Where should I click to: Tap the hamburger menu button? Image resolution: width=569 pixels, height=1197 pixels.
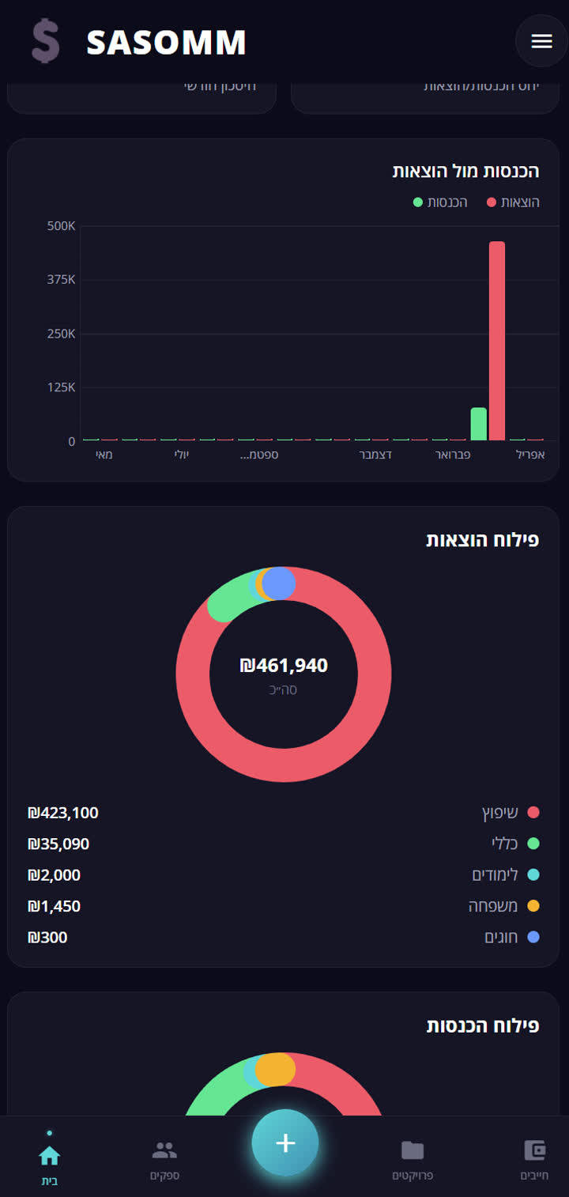coord(541,41)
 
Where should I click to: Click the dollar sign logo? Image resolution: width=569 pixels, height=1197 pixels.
coord(45,42)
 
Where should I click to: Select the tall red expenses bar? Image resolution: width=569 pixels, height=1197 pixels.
coord(496,340)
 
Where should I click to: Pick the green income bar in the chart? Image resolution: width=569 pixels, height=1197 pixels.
coord(478,424)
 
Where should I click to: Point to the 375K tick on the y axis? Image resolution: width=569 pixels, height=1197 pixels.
coord(61,280)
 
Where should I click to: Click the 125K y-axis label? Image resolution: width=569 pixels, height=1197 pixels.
coord(61,387)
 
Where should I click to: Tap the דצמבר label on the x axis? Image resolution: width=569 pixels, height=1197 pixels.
coord(376,455)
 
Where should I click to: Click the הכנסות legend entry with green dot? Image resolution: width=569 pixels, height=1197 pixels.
coord(441,202)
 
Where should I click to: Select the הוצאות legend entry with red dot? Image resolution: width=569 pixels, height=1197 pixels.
coord(514,202)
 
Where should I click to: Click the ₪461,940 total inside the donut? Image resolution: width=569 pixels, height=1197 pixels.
coord(284,666)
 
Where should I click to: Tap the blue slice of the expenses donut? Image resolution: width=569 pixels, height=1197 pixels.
coord(278,583)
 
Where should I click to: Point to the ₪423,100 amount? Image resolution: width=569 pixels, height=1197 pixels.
coord(63,813)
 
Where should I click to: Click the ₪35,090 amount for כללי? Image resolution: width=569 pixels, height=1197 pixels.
coord(58,844)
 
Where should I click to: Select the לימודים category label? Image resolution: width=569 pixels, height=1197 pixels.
coord(495,874)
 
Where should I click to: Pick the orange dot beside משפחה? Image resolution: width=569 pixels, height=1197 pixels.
coord(533,906)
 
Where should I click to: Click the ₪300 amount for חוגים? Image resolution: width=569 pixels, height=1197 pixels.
coord(47,938)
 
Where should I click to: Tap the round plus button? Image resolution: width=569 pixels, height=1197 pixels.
coord(284,1143)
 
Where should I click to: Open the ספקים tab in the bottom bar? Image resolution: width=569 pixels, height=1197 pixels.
coord(164,1159)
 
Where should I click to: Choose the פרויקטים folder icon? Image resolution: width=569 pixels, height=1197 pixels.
coord(413,1150)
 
